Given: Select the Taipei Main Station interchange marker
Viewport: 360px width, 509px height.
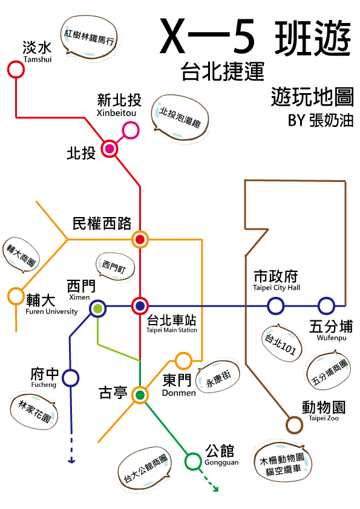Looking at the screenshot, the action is tap(140, 306).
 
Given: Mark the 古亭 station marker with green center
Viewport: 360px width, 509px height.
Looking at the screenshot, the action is tap(140, 395).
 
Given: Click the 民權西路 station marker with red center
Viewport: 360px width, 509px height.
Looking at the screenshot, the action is tap(140, 239).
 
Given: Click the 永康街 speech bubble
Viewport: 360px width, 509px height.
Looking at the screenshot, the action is tap(218, 377).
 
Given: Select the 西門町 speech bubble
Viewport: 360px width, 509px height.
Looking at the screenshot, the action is tap(115, 266).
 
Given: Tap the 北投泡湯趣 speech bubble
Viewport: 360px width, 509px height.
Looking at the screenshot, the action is tap(180, 117).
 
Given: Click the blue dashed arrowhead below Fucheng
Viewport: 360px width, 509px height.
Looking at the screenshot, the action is tap(71, 461).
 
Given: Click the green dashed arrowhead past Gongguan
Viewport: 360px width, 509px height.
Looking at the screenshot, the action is tap(215, 488).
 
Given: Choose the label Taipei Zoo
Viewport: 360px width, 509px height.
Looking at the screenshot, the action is tap(324, 418).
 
